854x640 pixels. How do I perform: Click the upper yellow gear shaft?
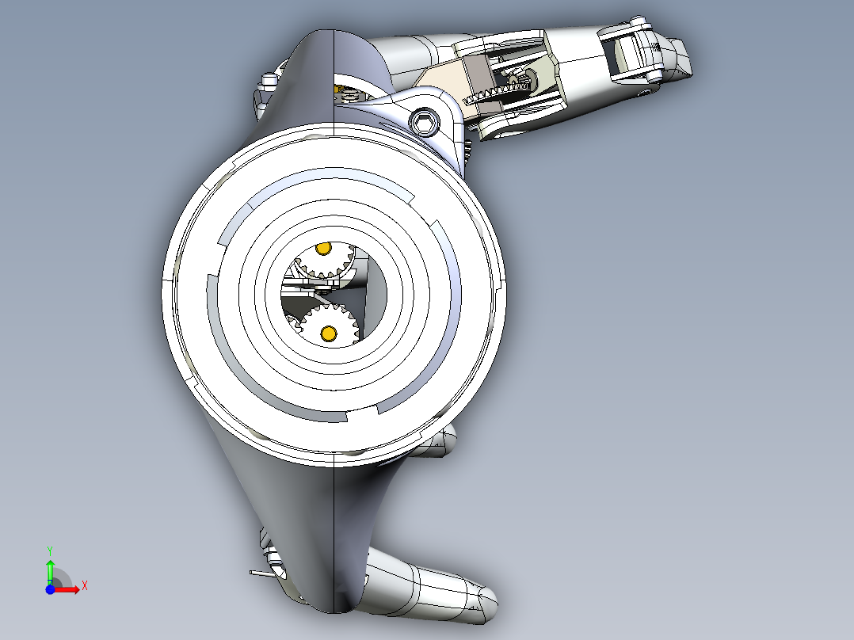322,249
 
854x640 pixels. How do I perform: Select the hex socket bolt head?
425,122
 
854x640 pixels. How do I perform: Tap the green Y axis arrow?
49,570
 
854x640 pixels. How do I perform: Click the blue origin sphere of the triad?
50,589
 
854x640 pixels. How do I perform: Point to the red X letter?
84,585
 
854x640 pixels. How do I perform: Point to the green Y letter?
49,549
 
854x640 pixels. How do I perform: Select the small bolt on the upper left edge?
269,80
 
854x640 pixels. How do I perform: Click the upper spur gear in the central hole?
323,262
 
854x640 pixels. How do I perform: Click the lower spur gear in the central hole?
325,324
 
